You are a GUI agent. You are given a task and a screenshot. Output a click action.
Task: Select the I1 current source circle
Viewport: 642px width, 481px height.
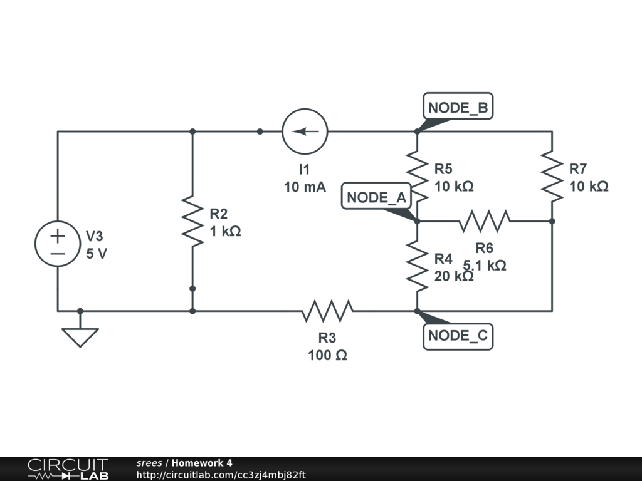(x=305, y=132)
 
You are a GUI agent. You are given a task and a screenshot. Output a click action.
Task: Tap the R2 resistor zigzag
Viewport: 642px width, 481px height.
(x=192, y=221)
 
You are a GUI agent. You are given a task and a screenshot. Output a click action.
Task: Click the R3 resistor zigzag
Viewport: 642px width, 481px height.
(x=327, y=310)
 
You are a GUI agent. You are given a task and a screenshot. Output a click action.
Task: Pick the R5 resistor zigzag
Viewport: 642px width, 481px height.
(x=417, y=175)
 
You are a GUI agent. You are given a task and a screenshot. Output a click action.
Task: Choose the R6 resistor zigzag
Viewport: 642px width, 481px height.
(x=485, y=221)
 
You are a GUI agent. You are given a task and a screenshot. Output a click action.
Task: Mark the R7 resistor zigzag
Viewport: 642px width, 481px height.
(x=552, y=175)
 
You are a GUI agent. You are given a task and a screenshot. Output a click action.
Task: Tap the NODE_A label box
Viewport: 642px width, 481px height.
(x=377, y=198)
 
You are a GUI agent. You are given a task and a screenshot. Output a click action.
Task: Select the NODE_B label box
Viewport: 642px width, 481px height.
(x=457, y=108)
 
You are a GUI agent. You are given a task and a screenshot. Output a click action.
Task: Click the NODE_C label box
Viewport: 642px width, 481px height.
(x=457, y=336)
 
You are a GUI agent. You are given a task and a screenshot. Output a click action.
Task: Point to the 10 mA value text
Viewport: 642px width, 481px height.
(x=305, y=187)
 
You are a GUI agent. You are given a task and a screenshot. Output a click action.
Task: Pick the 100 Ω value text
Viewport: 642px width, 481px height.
(x=327, y=355)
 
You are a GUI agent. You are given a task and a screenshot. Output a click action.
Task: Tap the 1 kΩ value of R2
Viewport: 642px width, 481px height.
(x=226, y=231)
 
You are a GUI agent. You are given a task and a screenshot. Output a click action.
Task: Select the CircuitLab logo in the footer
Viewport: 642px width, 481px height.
(x=67, y=469)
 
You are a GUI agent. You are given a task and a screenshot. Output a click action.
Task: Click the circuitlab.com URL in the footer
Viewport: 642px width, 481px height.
(x=221, y=475)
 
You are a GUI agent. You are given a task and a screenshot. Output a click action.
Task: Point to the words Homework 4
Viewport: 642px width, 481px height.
(x=202, y=463)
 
